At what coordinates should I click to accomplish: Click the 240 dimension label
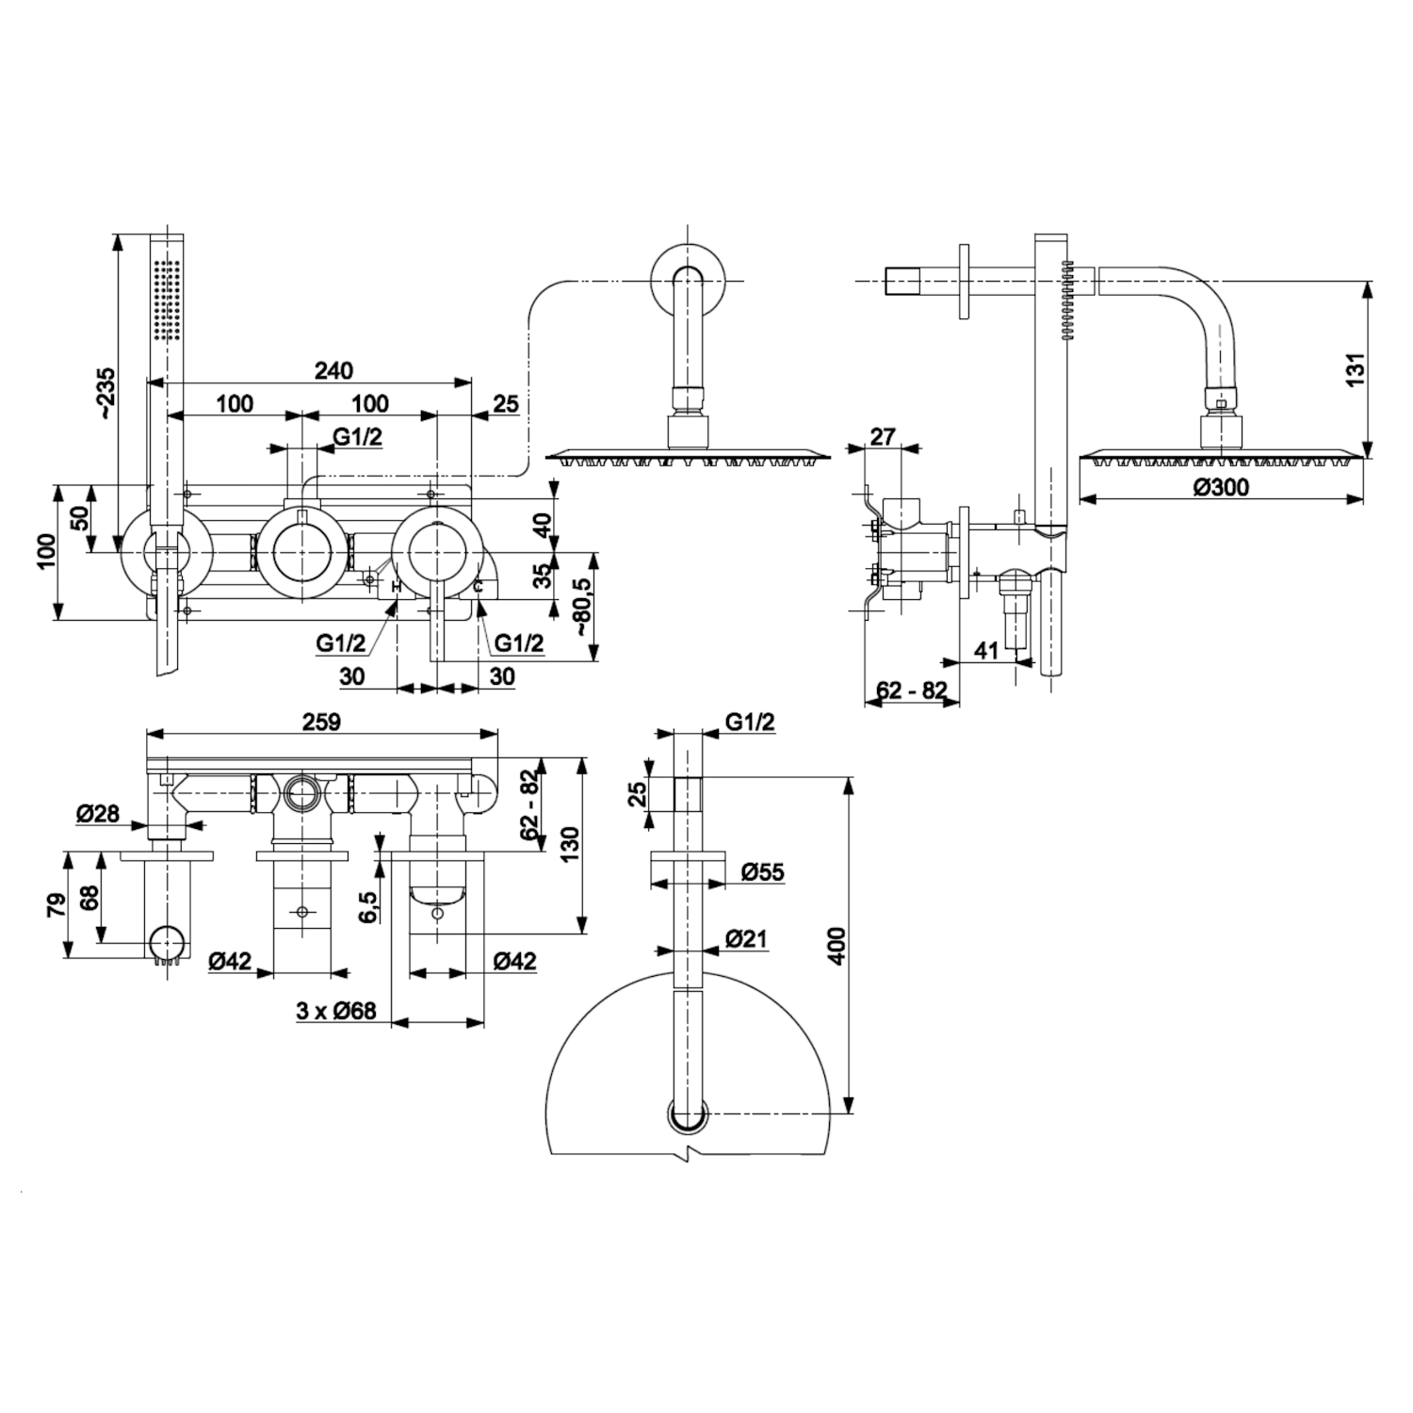tap(333, 370)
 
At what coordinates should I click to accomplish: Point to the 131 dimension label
tap(1354, 368)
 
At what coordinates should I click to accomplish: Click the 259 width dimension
tap(321, 722)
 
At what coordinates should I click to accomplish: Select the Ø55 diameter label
tap(762, 871)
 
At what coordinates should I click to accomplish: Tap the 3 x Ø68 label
tap(335, 1011)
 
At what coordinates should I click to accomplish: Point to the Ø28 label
tap(99, 812)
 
